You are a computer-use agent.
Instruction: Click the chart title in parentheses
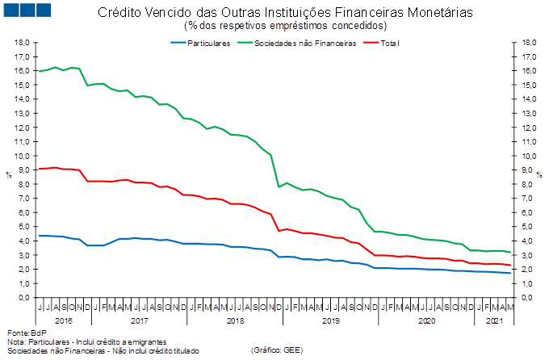click(274, 25)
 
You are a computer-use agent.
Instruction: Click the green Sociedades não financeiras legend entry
click(305, 43)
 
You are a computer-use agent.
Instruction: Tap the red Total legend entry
click(392, 43)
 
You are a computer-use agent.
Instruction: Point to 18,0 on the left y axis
click(24, 43)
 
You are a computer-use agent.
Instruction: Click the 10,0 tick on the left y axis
click(24, 156)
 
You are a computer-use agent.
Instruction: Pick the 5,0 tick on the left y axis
click(24, 227)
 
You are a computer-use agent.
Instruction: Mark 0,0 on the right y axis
click(526, 298)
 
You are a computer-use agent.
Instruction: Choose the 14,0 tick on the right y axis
click(526, 99)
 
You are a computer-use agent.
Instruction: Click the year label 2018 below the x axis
click(235, 320)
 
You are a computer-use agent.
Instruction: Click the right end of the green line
click(510, 253)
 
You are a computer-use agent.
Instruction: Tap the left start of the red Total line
click(38, 169)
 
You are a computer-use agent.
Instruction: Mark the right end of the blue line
click(510, 274)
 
